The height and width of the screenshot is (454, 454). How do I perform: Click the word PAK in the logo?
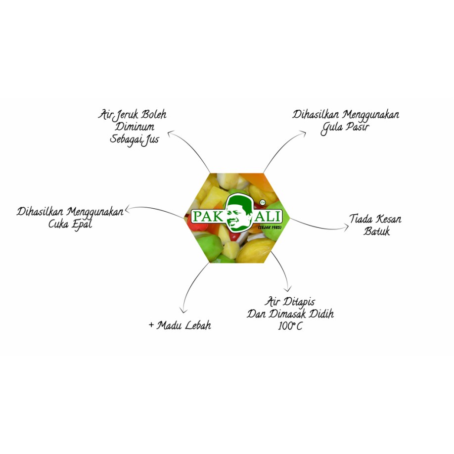click(x=208, y=217)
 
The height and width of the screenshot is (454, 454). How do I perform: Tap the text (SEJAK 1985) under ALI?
click(x=270, y=227)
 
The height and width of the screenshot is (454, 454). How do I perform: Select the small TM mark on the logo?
click(x=263, y=202)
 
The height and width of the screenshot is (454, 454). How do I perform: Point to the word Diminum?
click(x=135, y=127)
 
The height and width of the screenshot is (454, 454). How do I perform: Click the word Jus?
click(x=151, y=140)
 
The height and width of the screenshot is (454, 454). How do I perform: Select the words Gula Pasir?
click(x=345, y=128)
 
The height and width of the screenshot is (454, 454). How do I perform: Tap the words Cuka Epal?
click(x=70, y=225)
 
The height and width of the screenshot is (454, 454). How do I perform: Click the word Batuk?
click(x=377, y=231)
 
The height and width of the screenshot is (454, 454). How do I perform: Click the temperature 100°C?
click(x=290, y=326)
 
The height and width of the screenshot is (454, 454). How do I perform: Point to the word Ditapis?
click(x=298, y=303)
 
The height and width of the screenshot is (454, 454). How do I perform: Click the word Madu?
click(x=169, y=325)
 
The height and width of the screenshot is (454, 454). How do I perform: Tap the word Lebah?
click(x=198, y=325)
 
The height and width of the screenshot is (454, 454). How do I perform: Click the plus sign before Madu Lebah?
click(x=151, y=325)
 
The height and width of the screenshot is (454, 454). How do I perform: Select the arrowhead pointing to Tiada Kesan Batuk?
click(x=346, y=227)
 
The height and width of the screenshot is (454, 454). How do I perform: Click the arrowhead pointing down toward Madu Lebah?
click(x=183, y=311)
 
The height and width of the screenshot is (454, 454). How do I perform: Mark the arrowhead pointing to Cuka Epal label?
click(x=128, y=209)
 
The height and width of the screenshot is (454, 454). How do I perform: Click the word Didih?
click(x=321, y=314)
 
